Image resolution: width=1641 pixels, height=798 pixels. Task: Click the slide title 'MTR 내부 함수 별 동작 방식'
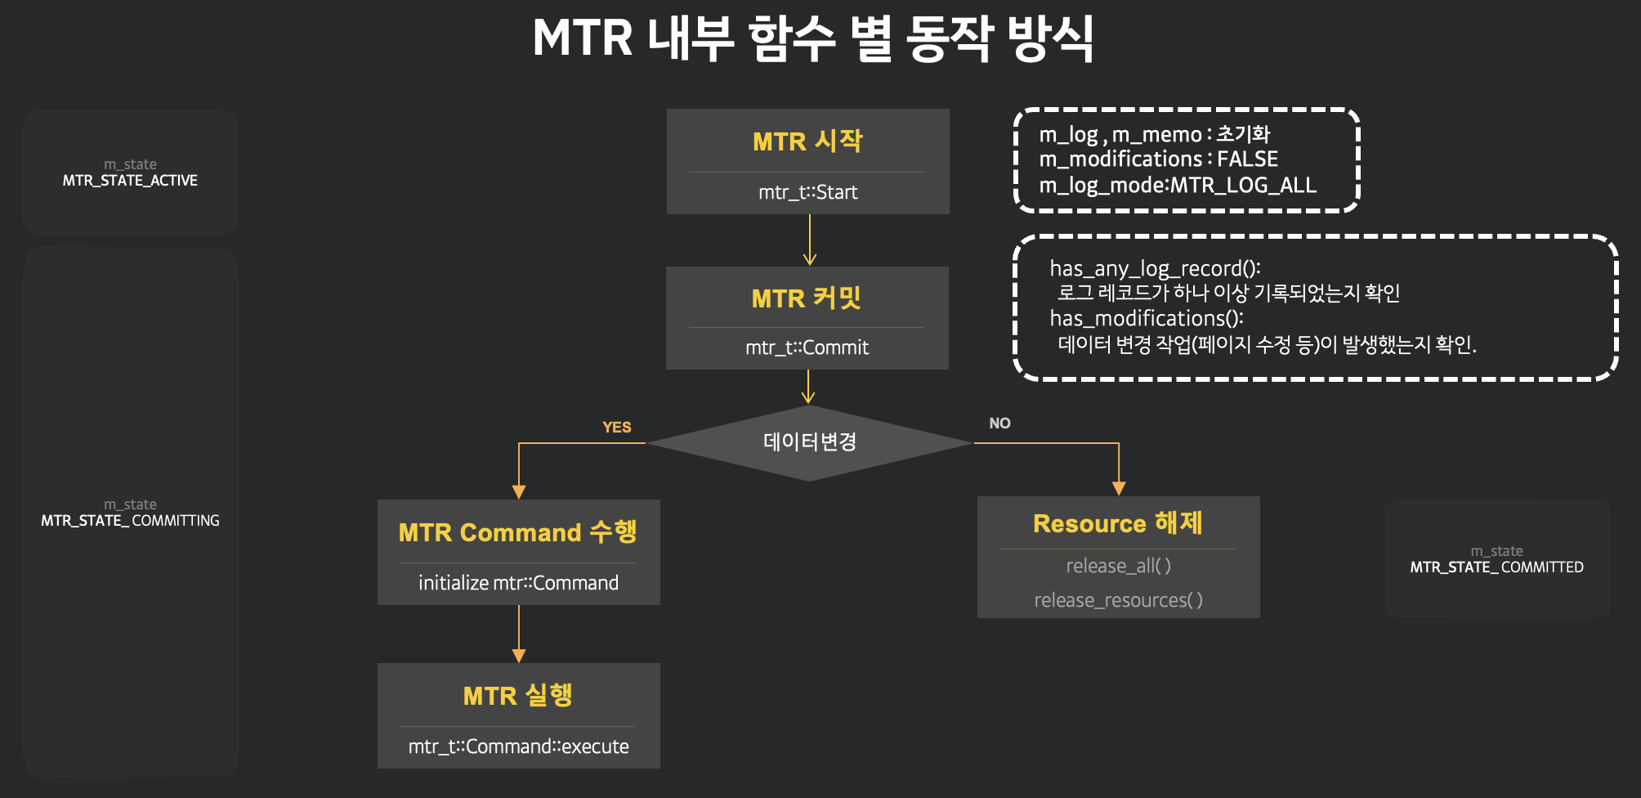tap(812, 38)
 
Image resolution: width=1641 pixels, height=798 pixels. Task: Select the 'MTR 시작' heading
tap(807, 141)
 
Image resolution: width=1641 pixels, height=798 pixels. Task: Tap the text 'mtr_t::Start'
tap(807, 192)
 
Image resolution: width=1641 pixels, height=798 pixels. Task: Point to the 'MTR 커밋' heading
tap(807, 298)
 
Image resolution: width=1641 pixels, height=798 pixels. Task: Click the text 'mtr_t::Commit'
tap(807, 347)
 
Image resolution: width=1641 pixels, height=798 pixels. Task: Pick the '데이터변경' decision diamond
tap(809, 442)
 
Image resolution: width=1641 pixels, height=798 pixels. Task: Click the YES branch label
tap(616, 427)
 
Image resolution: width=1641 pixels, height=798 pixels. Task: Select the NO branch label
tap(999, 423)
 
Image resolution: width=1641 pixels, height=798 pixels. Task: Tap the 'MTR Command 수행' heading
tap(517, 532)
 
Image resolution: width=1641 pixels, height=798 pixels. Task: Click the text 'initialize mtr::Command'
tap(518, 583)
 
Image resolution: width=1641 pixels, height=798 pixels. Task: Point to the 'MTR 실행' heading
tap(517, 696)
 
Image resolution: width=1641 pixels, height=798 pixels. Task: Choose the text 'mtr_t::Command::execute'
tap(518, 746)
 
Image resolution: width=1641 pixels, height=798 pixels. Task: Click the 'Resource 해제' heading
tap(1117, 523)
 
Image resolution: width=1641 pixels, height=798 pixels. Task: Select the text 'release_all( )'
tap(1118, 566)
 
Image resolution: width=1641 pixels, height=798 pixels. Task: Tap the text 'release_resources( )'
tap(1118, 600)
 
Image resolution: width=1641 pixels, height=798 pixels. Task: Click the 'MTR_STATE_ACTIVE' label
tap(130, 181)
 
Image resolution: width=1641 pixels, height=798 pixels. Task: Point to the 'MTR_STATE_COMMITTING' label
tap(130, 521)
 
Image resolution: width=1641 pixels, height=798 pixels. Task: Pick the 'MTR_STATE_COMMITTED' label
tap(1496, 567)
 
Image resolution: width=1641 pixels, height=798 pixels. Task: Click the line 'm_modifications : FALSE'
tap(1158, 159)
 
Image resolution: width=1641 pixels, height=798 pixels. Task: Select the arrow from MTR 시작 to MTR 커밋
tap(809, 240)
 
